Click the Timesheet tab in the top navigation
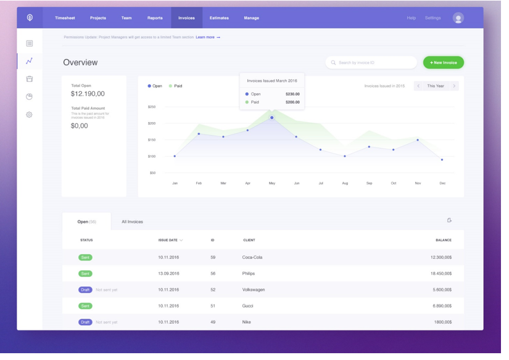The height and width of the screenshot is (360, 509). [x=65, y=18]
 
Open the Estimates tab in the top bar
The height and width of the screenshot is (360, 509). [x=219, y=18]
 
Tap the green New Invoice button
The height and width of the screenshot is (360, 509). [x=443, y=62]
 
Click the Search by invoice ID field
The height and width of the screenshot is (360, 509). [x=371, y=62]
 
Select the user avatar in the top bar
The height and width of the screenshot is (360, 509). [x=458, y=18]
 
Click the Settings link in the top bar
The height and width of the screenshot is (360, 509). [x=432, y=18]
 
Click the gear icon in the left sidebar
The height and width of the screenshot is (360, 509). [x=29, y=115]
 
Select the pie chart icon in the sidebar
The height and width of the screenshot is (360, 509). [x=29, y=97]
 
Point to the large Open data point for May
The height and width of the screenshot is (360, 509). [x=271, y=117]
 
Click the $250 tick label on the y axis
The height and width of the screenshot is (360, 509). [x=152, y=107]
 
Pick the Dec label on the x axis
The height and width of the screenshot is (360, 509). [x=442, y=183]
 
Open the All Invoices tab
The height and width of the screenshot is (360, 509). [x=132, y=222]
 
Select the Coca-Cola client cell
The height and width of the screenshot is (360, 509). [x=252, y=257]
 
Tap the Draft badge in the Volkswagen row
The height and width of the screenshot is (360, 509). [x=85, y=290]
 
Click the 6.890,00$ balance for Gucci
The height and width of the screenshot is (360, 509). [x=442, y=306]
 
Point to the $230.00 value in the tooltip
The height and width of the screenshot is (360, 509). [x=292, y=94]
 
